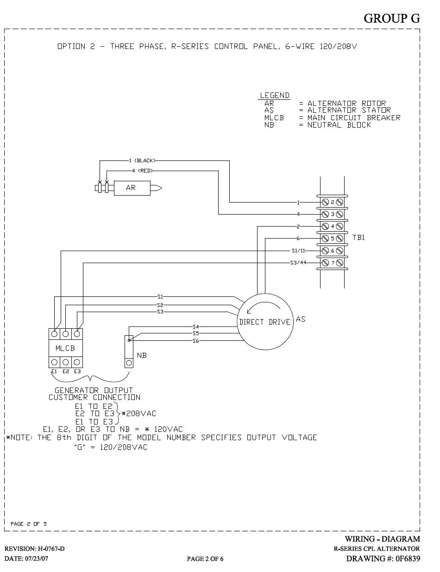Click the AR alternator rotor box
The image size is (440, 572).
tap(131, 188)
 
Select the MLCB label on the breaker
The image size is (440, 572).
tap(65, 348)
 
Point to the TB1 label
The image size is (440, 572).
tap(359, 238)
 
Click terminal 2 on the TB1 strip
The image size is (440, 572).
tap(332, 202)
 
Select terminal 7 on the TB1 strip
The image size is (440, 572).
tap(332, 263)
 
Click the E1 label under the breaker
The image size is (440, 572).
tap(54, 371)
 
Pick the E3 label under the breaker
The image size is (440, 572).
tap(77, 371)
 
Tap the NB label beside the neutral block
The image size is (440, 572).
tap(142, 356)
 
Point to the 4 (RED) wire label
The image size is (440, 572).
tap(142, 171)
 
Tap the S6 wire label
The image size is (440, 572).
tap(196, 341)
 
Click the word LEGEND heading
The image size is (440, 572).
tap(275, 95)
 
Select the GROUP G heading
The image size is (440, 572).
tap(391, 18)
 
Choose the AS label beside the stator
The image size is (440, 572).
tap(301, 319)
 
